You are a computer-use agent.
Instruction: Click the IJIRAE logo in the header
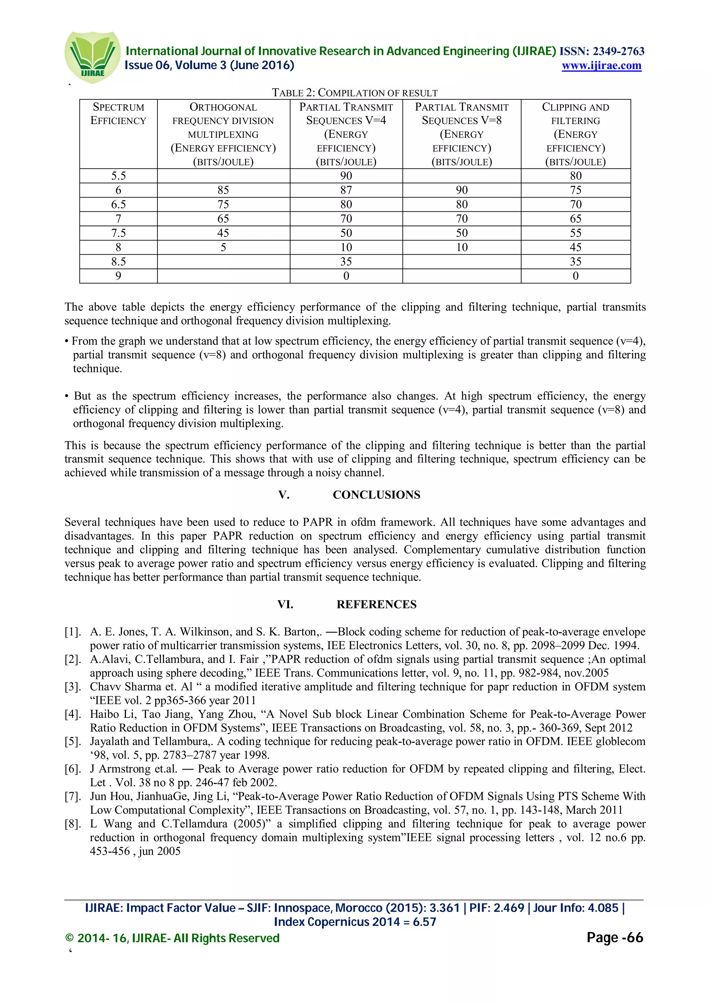pyautogui.click(x=92, y=57)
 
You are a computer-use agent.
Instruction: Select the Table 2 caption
pyautogui.click(x=354, y=93)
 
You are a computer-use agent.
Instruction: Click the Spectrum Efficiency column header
pyautogui.click(x=118, y=114)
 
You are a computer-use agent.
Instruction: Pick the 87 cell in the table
pyautogui.click(x=346, y=190)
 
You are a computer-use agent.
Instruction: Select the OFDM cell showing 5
pyautogui.click(x=223, y=247)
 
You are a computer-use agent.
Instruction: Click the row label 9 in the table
pyautogui.click(x=118, y=276)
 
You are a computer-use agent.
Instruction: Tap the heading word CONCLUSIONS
pyautogui.click(x=376, y=495)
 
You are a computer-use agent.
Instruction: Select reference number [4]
pyautogui.click(x=72, y=714)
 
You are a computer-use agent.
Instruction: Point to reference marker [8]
pyautogui.click(x=72, y=824)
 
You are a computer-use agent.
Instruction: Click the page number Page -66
pyautogui.click(x=615, y=937)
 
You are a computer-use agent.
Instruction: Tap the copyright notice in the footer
pyautogui.click(x=172, y=938)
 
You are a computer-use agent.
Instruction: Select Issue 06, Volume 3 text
pyautogui.click(x=209, y=65)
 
